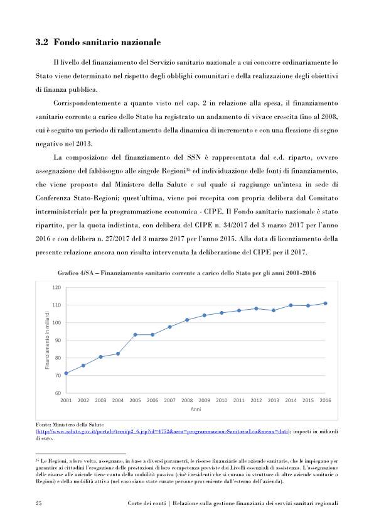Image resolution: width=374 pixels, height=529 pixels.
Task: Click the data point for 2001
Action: (x=66, y=373)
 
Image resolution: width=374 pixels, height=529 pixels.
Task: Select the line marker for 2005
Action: (x=135, y=335)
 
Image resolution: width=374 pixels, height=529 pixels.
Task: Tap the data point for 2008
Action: (x=187, y=320)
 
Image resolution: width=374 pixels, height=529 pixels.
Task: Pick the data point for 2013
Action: (x=274, y=310)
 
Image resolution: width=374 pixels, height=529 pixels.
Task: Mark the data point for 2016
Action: (x=325, y=303)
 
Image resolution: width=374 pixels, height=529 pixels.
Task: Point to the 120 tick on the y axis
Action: (x=56, y=288)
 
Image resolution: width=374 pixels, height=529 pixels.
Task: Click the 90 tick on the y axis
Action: (x=57, y=341)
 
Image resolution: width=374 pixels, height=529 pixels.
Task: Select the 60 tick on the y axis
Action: (x=57, y=393)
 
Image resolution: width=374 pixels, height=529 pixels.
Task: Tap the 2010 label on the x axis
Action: (x=222, y=400)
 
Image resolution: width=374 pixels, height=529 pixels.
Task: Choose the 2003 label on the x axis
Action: (x=100, y=400)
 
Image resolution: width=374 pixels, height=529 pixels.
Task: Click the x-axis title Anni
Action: (x=195, y=409)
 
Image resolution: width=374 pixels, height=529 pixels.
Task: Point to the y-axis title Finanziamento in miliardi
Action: (x=47, y=340)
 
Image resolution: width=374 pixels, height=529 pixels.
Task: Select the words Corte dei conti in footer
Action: (x=146, y=504)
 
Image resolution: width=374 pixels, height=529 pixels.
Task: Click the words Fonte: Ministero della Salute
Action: (x=68, y=425)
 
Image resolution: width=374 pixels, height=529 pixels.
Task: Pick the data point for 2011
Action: (x=239, y=310)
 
